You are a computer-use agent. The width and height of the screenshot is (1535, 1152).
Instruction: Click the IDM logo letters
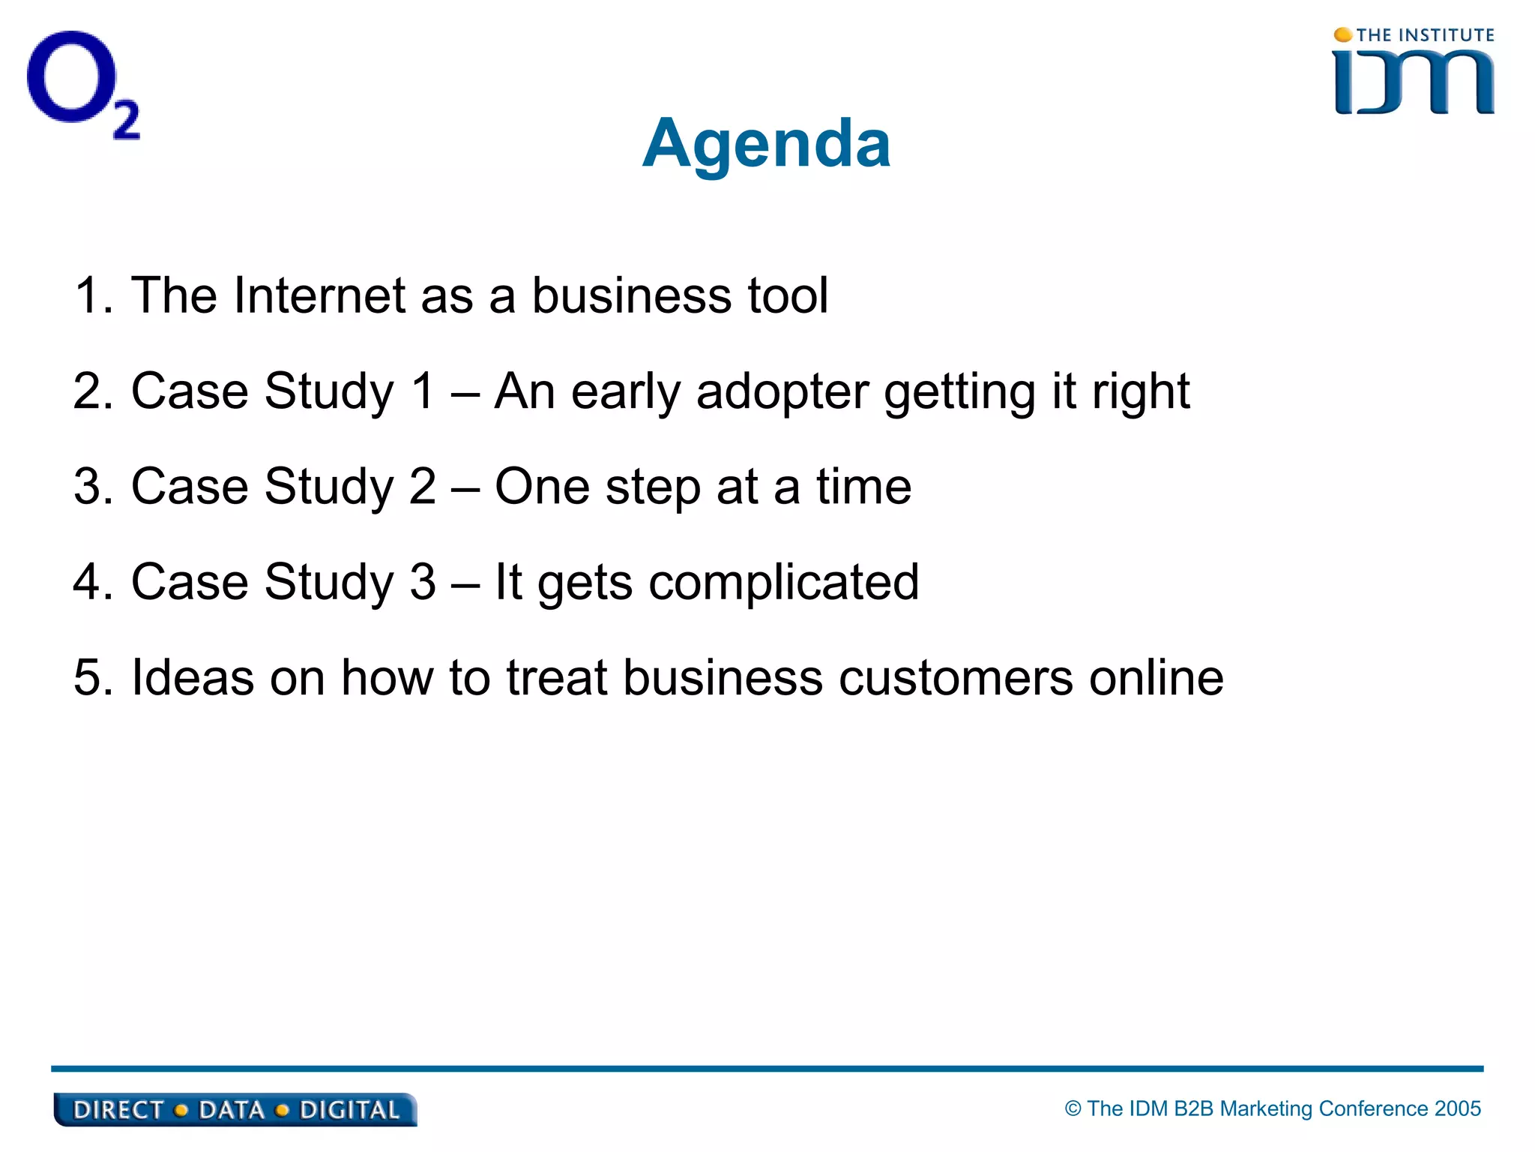coord(1414,82)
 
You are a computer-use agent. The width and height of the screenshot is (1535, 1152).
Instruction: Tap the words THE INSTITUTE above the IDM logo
coord(1424,35)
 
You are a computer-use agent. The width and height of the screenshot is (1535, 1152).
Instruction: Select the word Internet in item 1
coord(319,295)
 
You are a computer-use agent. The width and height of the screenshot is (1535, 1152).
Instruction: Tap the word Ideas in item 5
coord(193,677)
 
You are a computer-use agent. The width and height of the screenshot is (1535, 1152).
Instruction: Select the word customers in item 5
coord(956,677)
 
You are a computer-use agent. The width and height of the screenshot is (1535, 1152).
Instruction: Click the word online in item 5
coord(1156,677)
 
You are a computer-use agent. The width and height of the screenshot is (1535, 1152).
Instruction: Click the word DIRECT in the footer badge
coord(118,1110)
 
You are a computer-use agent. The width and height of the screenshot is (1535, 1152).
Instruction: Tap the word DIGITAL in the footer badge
coord(349,1110)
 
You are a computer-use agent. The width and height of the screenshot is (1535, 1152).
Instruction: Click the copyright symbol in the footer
coord(1073,1108)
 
